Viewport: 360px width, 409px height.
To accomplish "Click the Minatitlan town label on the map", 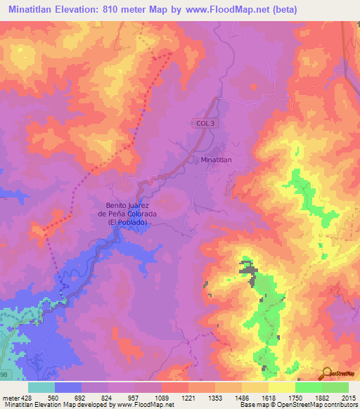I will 216,160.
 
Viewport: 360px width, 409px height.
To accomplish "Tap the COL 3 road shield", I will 202,123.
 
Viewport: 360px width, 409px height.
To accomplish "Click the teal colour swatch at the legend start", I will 41,387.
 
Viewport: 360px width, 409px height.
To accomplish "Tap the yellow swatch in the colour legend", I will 281,387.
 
